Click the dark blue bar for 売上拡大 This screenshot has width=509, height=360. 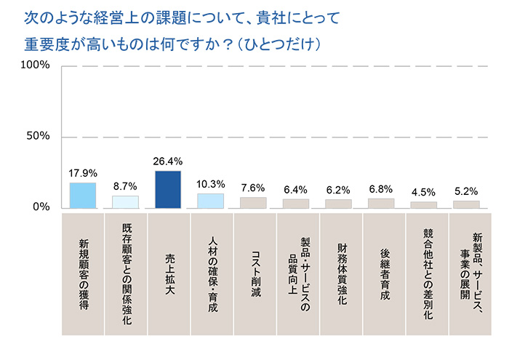tap(168, 189)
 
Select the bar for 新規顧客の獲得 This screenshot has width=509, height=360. tap(82, 195)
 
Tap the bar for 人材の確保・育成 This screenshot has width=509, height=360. tap(211, 201)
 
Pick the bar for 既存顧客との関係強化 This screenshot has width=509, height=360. tap(125, 201)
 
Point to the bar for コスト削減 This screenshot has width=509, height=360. tap(254, 203)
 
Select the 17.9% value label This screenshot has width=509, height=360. tap(82, 174)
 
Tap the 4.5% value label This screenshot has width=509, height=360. tap(423, 193)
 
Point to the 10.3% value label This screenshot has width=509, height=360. tap(211, 184)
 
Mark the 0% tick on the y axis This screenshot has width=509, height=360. tap(41, 207)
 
